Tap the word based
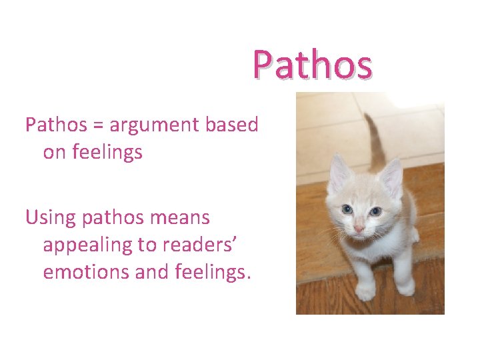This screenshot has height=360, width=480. point(236,124)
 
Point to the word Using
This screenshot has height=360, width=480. point(49,217)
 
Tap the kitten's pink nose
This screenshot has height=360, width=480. point(359,229)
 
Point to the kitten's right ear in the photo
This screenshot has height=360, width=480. point(392,175)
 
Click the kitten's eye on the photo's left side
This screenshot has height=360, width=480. point(347,209)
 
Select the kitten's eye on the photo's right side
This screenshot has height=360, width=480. point(376,211)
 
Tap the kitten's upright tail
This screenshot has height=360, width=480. point(375,137)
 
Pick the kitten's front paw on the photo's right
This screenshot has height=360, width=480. point(405,287)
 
